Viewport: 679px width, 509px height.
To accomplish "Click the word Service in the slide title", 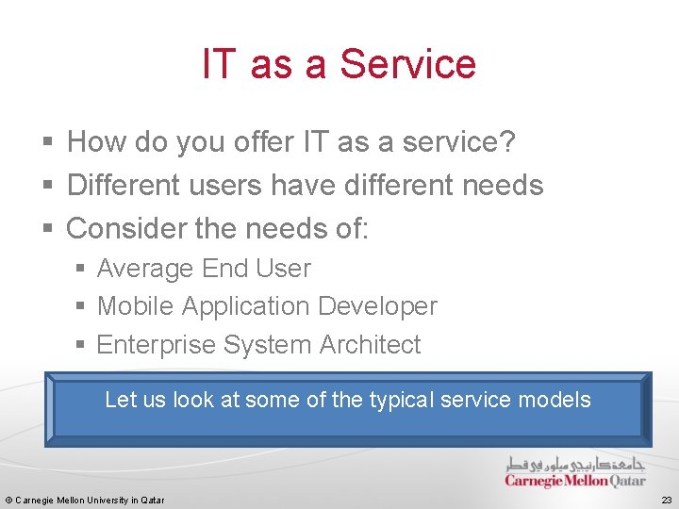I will point(407,64).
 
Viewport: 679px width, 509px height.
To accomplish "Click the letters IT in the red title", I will point(217,64).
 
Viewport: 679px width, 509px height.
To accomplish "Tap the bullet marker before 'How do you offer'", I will point(48,143).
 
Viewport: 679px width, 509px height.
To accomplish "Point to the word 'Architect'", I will point(370,345).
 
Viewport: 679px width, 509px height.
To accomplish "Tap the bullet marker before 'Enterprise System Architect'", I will point(81,346).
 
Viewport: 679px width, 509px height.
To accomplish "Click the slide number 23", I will point(666,500).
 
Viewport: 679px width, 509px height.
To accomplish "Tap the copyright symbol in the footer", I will point(8,500).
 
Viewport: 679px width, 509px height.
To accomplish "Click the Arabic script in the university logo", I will point(575,465).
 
